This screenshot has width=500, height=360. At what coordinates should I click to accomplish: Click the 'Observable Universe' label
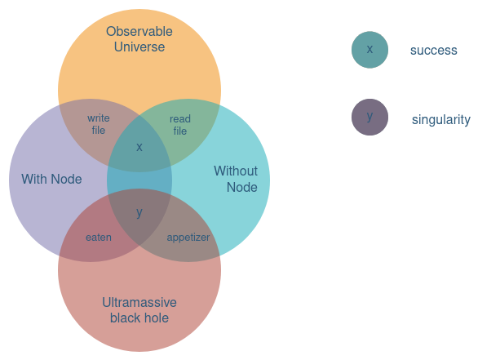[x=139, y=39]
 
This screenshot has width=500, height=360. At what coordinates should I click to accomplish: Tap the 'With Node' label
[x=51, y=180]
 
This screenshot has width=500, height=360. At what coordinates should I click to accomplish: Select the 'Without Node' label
[x=236, y=180]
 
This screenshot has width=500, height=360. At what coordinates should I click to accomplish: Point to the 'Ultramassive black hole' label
[x=139, y=310]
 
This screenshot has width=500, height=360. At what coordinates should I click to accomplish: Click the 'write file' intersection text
[x=99, y=124]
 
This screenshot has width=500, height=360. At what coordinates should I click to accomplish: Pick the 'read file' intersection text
[x=180, y=125]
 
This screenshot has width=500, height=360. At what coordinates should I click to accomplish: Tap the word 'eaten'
[x=99, y=238]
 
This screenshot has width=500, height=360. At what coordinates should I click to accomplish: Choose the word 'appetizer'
[x=188, y=238]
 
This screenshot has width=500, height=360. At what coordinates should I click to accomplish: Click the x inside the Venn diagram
[x=139, y=148]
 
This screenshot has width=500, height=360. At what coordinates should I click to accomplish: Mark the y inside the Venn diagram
[x=139, y=213]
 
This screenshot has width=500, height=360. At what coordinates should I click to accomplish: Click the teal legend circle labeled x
[x=369, y=50]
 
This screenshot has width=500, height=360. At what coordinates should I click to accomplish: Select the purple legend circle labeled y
[x=369, y=117]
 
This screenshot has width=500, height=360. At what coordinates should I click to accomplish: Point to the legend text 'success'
[x=434, y=51]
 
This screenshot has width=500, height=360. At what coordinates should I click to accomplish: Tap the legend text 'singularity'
[x=441, y=120]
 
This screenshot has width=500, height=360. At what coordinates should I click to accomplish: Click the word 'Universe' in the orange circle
[x=139, y=47]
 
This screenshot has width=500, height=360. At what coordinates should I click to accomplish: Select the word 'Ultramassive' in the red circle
[x=139, y=303]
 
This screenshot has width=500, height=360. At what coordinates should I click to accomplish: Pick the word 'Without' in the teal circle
[x=236, y=171]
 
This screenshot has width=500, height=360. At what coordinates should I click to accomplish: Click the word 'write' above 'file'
[x=99, y=118]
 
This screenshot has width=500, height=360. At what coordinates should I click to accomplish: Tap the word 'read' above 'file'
[x=180, y=119]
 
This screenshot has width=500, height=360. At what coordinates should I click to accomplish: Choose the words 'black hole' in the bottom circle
[x=139, y=318]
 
